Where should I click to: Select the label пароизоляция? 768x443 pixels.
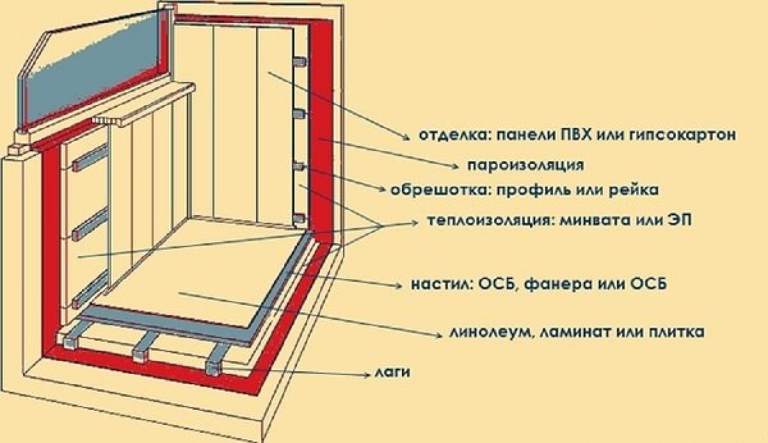pos(525,165)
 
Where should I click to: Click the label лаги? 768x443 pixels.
pos(390,371)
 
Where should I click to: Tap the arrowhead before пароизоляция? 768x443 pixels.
pos(456,166)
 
